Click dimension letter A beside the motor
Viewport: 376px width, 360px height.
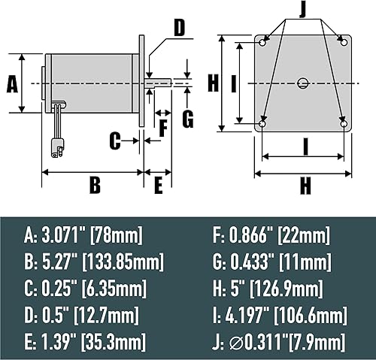click(x=11, y=83)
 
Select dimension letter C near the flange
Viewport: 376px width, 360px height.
click(x=115, y=140)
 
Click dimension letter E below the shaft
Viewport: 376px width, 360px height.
click(x=158, y=185)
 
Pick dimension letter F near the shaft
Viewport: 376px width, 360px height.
click(x=163, y=126)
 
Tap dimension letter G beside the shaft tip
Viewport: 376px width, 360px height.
click(x=187, y=118)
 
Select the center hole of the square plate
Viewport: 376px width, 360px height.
click(x=302, y=82)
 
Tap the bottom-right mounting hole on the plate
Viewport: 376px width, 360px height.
click(x=343, y=123)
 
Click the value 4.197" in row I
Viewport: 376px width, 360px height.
click(x=250, y=314)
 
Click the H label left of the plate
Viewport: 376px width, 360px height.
click(x=214, y=82)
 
